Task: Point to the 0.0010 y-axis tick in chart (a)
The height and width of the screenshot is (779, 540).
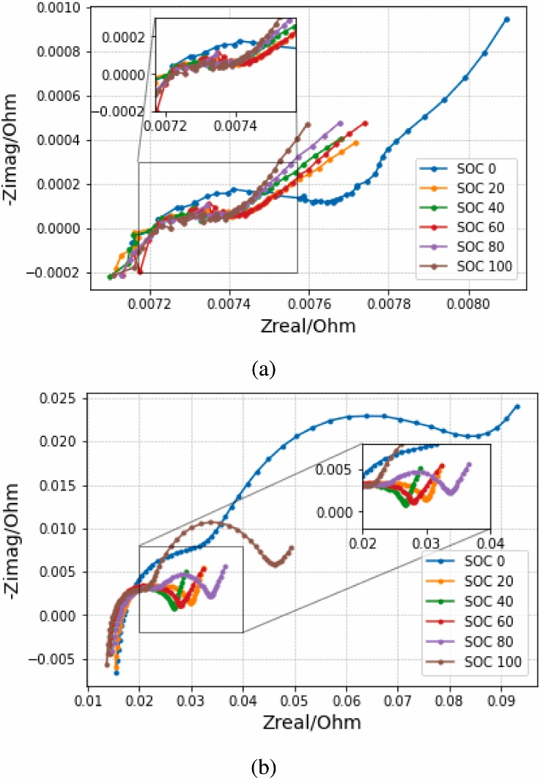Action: pyautogui.click(x=62, y=8)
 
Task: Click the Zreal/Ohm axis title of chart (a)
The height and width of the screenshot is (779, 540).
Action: pyautogui.click(x=308, y=326)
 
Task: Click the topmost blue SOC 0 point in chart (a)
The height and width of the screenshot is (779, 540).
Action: pyautogui.click(x=506, y=19)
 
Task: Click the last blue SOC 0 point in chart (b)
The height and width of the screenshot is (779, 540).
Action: pyautogui.click(x=517, y=407)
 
